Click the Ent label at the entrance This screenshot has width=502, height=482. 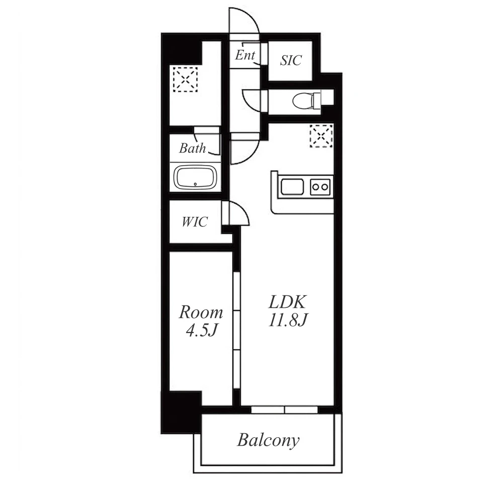[245, 55]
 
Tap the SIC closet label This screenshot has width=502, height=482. [291, 60]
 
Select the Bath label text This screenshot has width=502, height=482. [192, 148]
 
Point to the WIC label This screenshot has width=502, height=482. [195, 222]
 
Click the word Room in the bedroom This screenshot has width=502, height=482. [201, 312]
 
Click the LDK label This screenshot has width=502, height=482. [288, 302]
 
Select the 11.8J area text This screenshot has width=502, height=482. [288, 320]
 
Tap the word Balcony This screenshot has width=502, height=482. [268, 440]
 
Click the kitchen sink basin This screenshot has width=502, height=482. [292, 186]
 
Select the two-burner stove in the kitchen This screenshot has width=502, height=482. [320, 186]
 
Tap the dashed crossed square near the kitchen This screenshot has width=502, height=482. [321, 136]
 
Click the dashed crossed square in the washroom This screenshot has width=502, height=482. [185, 79]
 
